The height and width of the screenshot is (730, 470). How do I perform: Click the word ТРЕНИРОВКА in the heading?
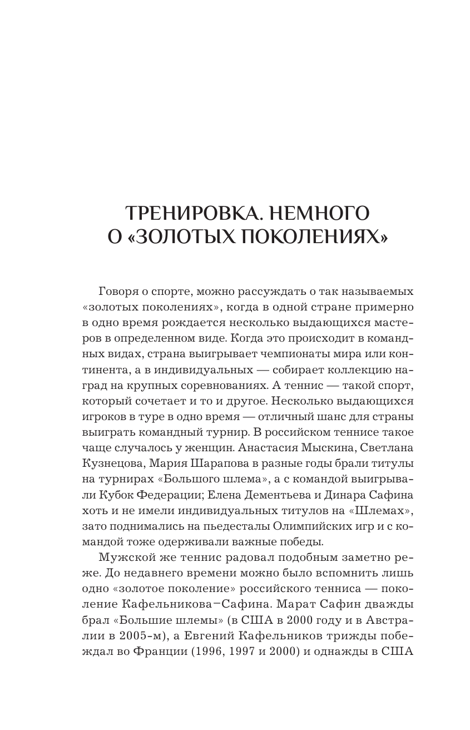click(x=186, y=213)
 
